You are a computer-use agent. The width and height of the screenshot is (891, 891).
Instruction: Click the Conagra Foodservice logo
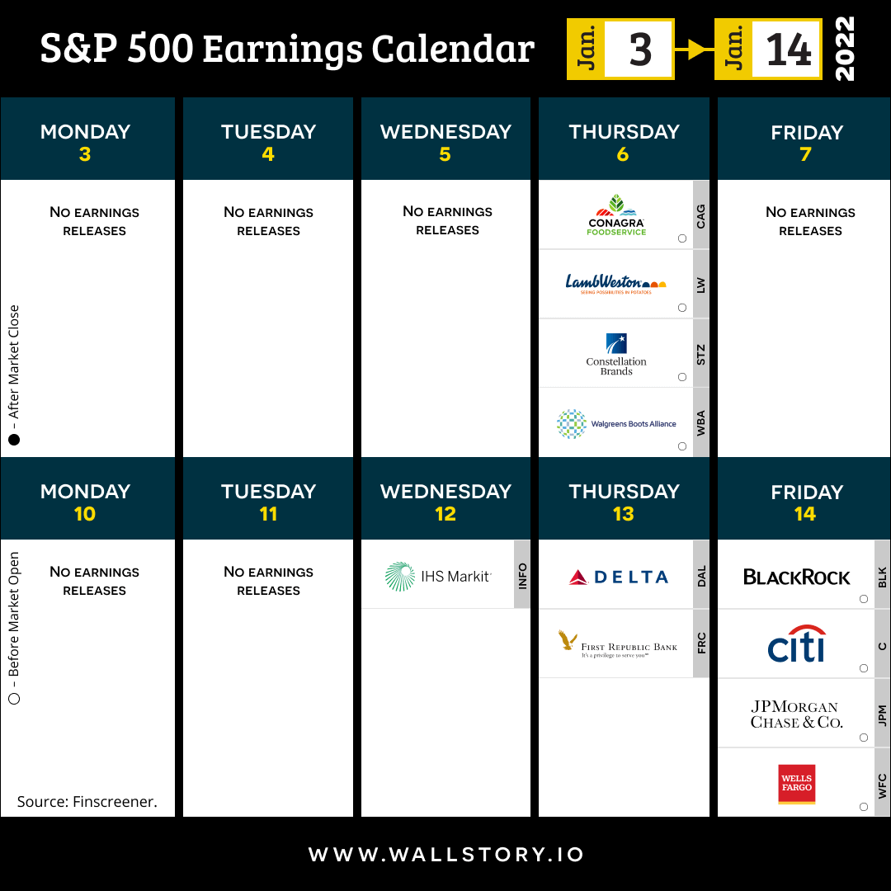(616, 214)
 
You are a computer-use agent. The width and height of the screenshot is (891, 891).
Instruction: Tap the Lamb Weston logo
(615, 284)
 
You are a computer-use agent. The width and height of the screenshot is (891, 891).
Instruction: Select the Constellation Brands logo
(616, 354)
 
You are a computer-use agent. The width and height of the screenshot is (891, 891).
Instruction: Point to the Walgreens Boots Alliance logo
(616, 424)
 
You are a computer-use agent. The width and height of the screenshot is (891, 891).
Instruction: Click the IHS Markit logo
(438, 576)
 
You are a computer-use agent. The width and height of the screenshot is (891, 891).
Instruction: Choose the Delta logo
(618, 577)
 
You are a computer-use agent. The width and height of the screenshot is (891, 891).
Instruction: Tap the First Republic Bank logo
(618, 643)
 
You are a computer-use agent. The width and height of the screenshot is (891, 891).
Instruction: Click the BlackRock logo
(797, 577)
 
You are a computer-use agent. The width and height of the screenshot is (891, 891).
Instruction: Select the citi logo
(796, 643)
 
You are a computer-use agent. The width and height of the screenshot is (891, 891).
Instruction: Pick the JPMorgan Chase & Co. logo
(796, 714)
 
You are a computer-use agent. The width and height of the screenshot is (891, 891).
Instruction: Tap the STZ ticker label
(701, 355)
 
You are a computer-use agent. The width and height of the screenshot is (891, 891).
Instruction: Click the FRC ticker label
(702, 643)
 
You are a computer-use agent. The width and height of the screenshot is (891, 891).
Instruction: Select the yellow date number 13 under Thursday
(624, 514)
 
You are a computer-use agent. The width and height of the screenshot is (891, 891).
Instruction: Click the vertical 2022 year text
(845, 49)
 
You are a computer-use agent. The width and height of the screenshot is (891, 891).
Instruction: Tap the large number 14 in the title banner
(789, 49)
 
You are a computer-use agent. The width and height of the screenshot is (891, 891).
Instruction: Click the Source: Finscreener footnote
(87, 801)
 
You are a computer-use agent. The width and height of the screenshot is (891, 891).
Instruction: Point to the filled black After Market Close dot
(14, 440)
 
